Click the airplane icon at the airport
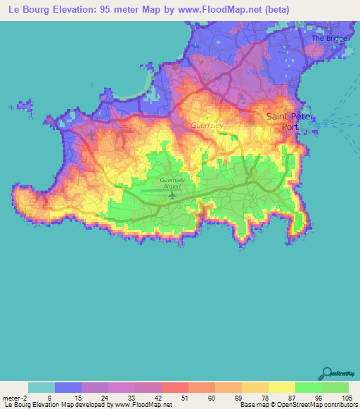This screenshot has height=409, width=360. pos(172,195)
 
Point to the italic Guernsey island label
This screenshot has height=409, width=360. pos(206,126)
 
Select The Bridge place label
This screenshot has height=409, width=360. pos(328,39)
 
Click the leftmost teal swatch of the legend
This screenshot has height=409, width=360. pos(41,387)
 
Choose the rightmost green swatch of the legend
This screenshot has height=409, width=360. pos(335,387)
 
